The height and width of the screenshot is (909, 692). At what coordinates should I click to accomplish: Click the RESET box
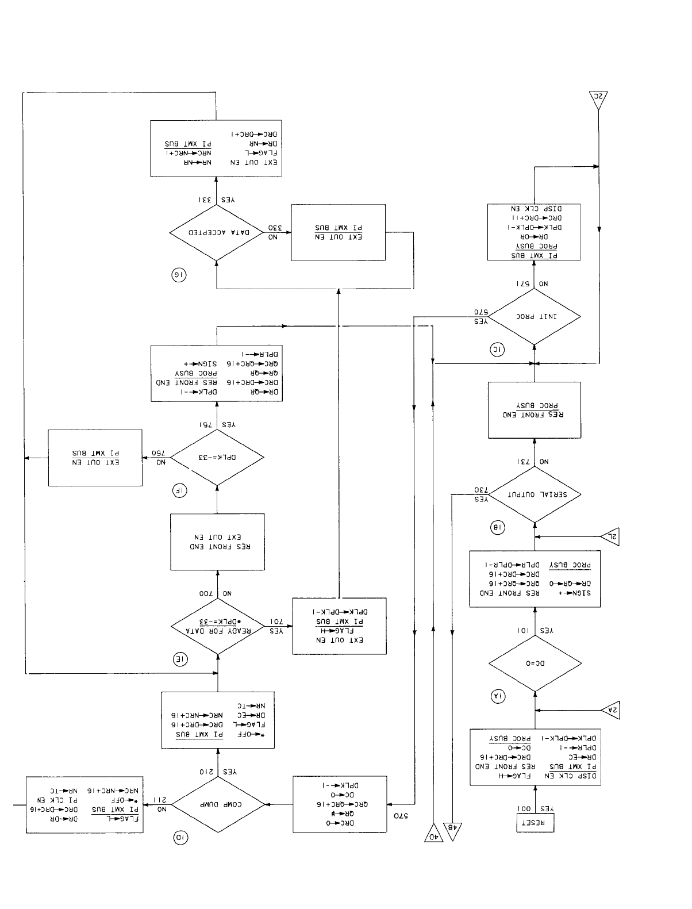pos(535,823)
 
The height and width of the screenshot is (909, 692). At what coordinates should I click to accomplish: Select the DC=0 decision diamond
pos(535,663)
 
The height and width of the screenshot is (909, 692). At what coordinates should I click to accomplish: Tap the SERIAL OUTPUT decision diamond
pos(535,494)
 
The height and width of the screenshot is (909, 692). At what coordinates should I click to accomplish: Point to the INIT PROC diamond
pos(535,317)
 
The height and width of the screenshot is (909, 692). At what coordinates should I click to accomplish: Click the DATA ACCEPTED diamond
pos(217,233)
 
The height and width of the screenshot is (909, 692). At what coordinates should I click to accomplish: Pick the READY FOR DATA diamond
pos(217,626)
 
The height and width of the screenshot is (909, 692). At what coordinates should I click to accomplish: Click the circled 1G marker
pos(179,275)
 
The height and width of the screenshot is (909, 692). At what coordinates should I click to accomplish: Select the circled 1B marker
pos(498,527)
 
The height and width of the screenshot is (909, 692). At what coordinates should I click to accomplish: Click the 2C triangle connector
pos(598,100)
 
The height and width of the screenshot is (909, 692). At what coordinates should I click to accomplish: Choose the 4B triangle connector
pos(453,831)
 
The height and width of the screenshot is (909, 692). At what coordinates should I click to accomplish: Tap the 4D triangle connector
pos(433,833)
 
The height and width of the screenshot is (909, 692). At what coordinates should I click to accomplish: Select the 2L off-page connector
pos(610,537)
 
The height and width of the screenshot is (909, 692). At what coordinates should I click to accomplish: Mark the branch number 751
pos(205,424)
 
